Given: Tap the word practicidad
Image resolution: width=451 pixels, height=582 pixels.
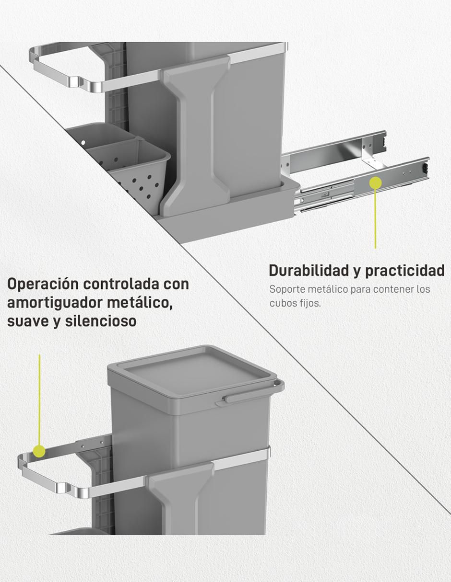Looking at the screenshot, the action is point(405,271).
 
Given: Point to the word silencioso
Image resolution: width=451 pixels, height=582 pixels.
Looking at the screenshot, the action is point(101,321).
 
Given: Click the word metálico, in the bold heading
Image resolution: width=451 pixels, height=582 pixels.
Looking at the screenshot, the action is point(140,303).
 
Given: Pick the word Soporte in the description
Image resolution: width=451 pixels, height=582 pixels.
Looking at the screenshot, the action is point(287,289).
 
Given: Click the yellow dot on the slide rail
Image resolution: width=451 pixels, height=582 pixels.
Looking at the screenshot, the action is point(375,183).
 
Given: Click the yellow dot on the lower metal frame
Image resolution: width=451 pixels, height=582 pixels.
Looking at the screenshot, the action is point(39,451).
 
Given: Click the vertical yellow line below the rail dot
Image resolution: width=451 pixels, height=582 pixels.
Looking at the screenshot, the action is point(375,219).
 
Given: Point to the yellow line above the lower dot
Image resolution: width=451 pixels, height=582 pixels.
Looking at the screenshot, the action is point(39,399).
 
